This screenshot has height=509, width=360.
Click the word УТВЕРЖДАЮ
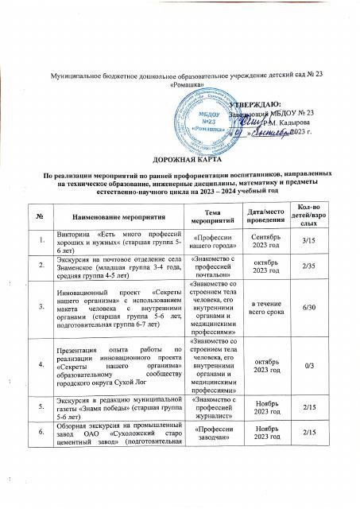pos(254,104)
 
